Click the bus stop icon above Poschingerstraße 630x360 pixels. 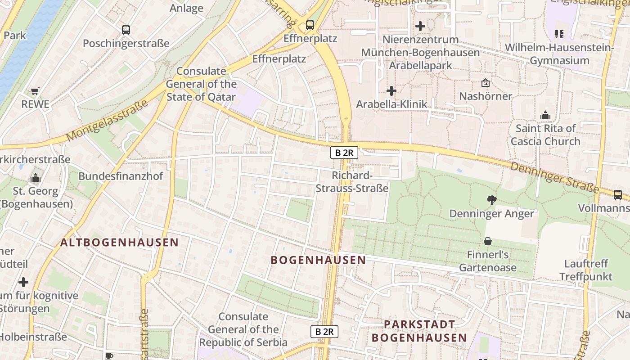[126, 30]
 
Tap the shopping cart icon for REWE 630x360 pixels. [35, 91]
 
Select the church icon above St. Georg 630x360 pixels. [36, 178]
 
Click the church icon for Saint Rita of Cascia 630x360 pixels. [545, 115]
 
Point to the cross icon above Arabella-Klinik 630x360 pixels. [391, 91]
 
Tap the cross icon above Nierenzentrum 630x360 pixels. [420, 26]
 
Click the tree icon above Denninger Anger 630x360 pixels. [492, 200]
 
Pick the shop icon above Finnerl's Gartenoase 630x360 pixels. [488, 242]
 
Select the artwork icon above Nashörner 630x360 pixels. [486, 83]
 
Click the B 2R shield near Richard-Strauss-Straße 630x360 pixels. [344, 153]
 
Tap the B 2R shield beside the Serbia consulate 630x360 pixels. [324, 332]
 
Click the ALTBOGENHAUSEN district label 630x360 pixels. [120, 243]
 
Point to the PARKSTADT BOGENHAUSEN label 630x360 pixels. [419, 331]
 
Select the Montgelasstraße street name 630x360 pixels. [107, 121]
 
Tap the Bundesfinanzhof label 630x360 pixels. [121, 176]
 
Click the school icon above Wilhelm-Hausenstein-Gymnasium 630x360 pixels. [559, 34]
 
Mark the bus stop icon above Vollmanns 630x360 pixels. [618, 195]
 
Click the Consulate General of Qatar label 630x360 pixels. [201, 84]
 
